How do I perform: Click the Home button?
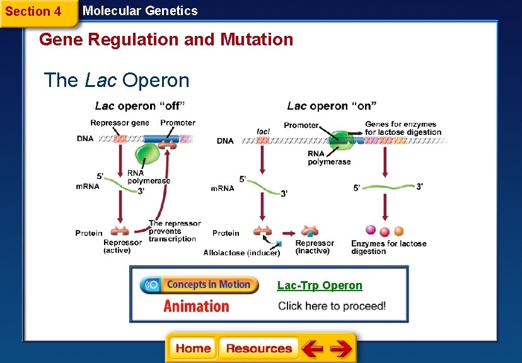[193, 349]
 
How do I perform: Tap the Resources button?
[258, 349]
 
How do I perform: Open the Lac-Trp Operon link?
[320, 285]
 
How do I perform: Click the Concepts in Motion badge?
[199, 285]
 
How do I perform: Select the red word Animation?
[196, 306]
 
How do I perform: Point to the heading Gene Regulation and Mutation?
[166, 40]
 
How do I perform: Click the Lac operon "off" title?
[140, 106]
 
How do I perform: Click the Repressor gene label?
[120, 123]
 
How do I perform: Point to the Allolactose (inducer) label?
[241, 253]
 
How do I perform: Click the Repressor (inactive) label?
[315, 247]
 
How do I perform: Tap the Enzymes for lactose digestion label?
[388, 247]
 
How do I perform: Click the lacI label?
[263, 131]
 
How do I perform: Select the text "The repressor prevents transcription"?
[175, 231]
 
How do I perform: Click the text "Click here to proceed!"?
[332, 306]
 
